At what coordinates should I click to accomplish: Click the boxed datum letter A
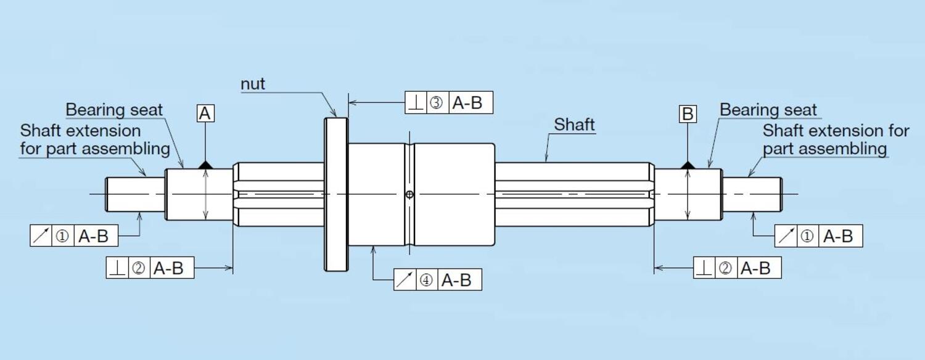point(206,114)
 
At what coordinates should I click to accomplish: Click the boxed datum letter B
point(688,114)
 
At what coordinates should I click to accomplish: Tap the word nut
point(253,84)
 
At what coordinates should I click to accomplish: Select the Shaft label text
point(574,125)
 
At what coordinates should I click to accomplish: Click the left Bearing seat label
point(114,110)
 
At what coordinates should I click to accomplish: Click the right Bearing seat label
point(768,110)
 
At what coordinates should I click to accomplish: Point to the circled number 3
point(436,103)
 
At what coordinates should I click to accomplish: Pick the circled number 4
point(425,280)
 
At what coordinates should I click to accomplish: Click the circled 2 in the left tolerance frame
point(139,268)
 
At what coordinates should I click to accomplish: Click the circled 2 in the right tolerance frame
point(726,268)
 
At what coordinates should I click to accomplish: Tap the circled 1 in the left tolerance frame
point(62,236)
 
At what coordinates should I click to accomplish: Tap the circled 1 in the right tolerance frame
point(807,236)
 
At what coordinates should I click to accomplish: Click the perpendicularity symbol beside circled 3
point(416,103)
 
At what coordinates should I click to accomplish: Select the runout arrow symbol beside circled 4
point(405,280)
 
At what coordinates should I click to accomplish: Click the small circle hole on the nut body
point(409,195)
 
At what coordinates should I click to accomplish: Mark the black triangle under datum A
point(205,165)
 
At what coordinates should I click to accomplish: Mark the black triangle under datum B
point(688,165)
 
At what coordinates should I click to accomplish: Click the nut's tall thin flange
point(336,194)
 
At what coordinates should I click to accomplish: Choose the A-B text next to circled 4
point(456,280)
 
